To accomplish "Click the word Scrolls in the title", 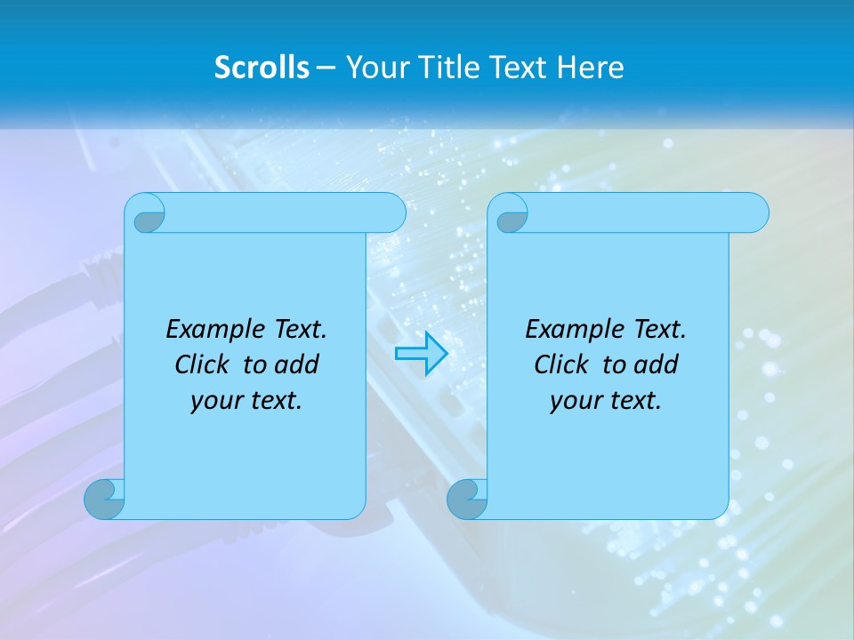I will [262, 68].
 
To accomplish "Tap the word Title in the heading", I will [444, 68].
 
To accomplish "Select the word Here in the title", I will [591, 68].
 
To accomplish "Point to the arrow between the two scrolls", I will [421, 354].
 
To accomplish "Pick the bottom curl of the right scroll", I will [467, 500].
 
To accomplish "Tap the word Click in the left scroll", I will [204, 364].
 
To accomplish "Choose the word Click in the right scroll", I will [561, 364].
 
